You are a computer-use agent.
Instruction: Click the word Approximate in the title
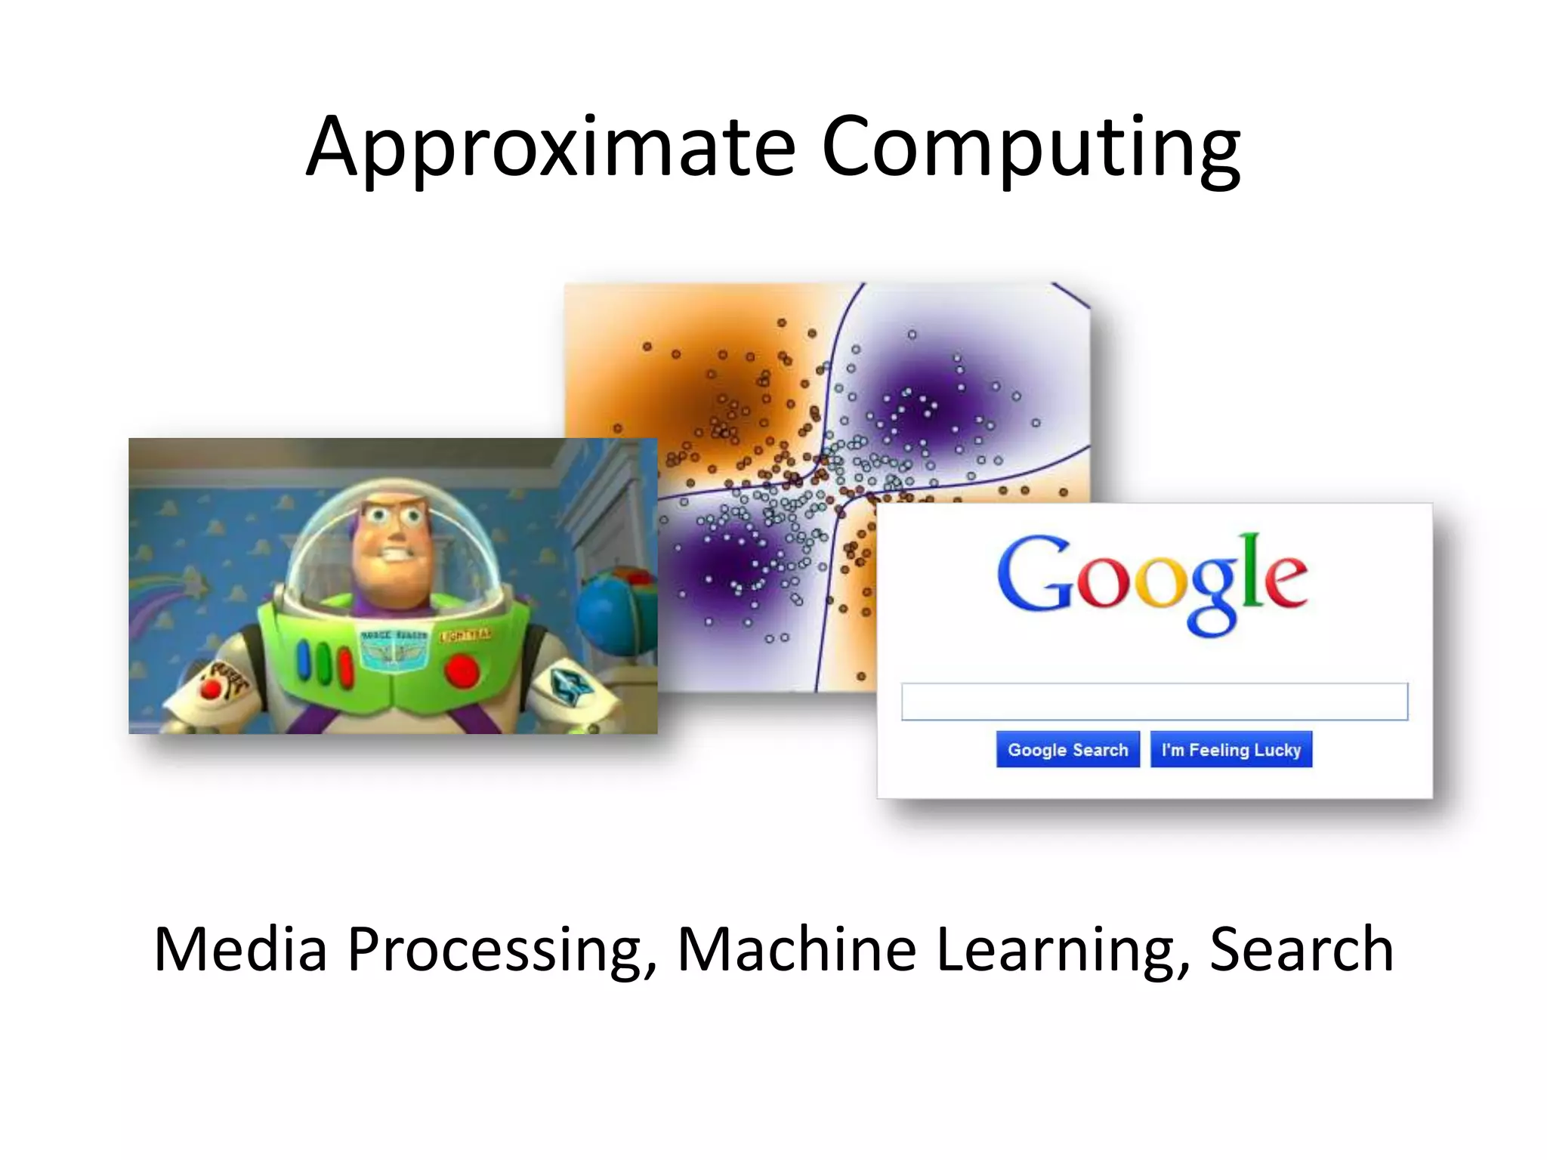551,147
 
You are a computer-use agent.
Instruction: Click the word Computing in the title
1030,147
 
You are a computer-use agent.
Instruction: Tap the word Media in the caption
240,949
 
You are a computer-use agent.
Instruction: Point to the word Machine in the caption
796,949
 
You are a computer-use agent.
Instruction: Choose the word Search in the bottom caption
1302,949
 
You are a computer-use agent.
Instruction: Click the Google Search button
1067,749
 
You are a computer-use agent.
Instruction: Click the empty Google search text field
1153,702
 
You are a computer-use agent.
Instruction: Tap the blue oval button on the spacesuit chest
306,659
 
